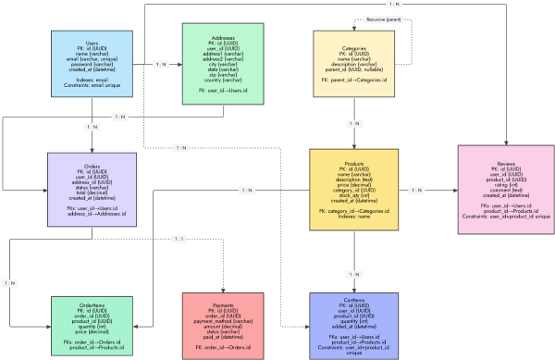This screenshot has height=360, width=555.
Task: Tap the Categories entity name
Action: pyautogui.click(x=355, y=47)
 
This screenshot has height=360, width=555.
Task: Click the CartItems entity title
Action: pyautogui.click(x=355, y=303)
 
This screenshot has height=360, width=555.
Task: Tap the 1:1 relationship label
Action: pyautogui.click(x=179, y=239)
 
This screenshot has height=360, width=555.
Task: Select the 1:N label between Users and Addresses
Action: pyautogui.click(x=160, y=64)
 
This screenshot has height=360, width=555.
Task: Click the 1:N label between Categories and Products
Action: pyautogui.click(x=355, y=123)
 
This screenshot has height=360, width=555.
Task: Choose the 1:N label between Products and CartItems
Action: pyautogui.click(x=355, y=275)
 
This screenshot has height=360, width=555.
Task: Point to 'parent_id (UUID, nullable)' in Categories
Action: pyautogui.click(x=355, y=70)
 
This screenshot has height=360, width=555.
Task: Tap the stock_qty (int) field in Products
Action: pyautogui.click(x=355, y=196)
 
